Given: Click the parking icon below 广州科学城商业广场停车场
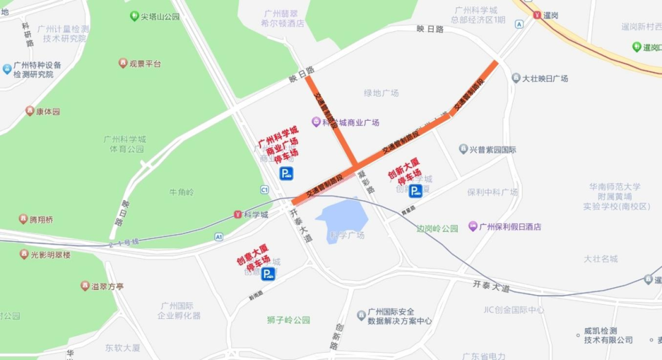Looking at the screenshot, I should (286, 174).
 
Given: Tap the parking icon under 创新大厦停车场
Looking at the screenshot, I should (416, 191).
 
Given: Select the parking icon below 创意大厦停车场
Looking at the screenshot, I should (268, 274).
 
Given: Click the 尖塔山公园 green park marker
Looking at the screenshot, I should (134, 16).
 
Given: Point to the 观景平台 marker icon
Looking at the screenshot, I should (123, 63).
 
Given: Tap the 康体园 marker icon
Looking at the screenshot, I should (29, 111).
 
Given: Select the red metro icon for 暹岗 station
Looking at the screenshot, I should (537, 15).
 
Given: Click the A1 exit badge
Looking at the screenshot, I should (219, 236).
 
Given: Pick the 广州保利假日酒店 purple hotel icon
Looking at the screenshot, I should (473, 226).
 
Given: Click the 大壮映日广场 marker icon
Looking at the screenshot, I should (516, 78).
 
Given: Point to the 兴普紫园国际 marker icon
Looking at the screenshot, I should (463, 149).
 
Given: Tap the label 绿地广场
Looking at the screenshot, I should (381, 93).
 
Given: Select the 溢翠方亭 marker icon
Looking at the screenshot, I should (85, 286).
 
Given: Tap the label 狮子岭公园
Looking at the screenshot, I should (289, 320).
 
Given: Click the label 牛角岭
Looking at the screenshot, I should (181, 192).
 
